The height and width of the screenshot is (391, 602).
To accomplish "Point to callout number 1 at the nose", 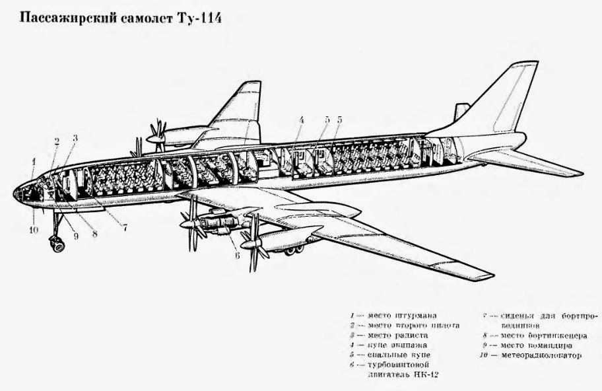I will pos(33,161).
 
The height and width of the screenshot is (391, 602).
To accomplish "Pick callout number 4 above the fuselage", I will pos(300,120).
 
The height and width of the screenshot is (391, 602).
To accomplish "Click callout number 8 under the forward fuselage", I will pos(94,232).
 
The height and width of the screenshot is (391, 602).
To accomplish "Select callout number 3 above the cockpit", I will pos(75,139).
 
